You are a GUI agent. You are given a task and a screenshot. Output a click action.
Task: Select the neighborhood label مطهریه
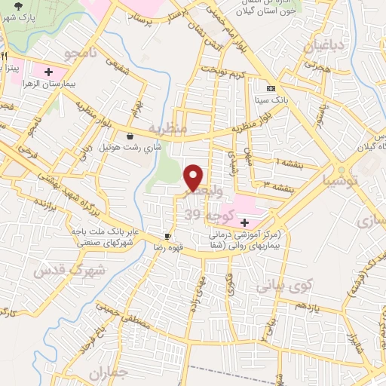point(167,127)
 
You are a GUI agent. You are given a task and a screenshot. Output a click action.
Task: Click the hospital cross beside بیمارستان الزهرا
point(49,72)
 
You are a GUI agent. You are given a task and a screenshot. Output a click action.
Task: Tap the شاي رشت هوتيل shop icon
point(132,136)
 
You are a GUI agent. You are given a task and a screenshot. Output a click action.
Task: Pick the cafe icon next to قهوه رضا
point(168,235)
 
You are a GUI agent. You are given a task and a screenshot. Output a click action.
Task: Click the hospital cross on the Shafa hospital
point(244,222)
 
